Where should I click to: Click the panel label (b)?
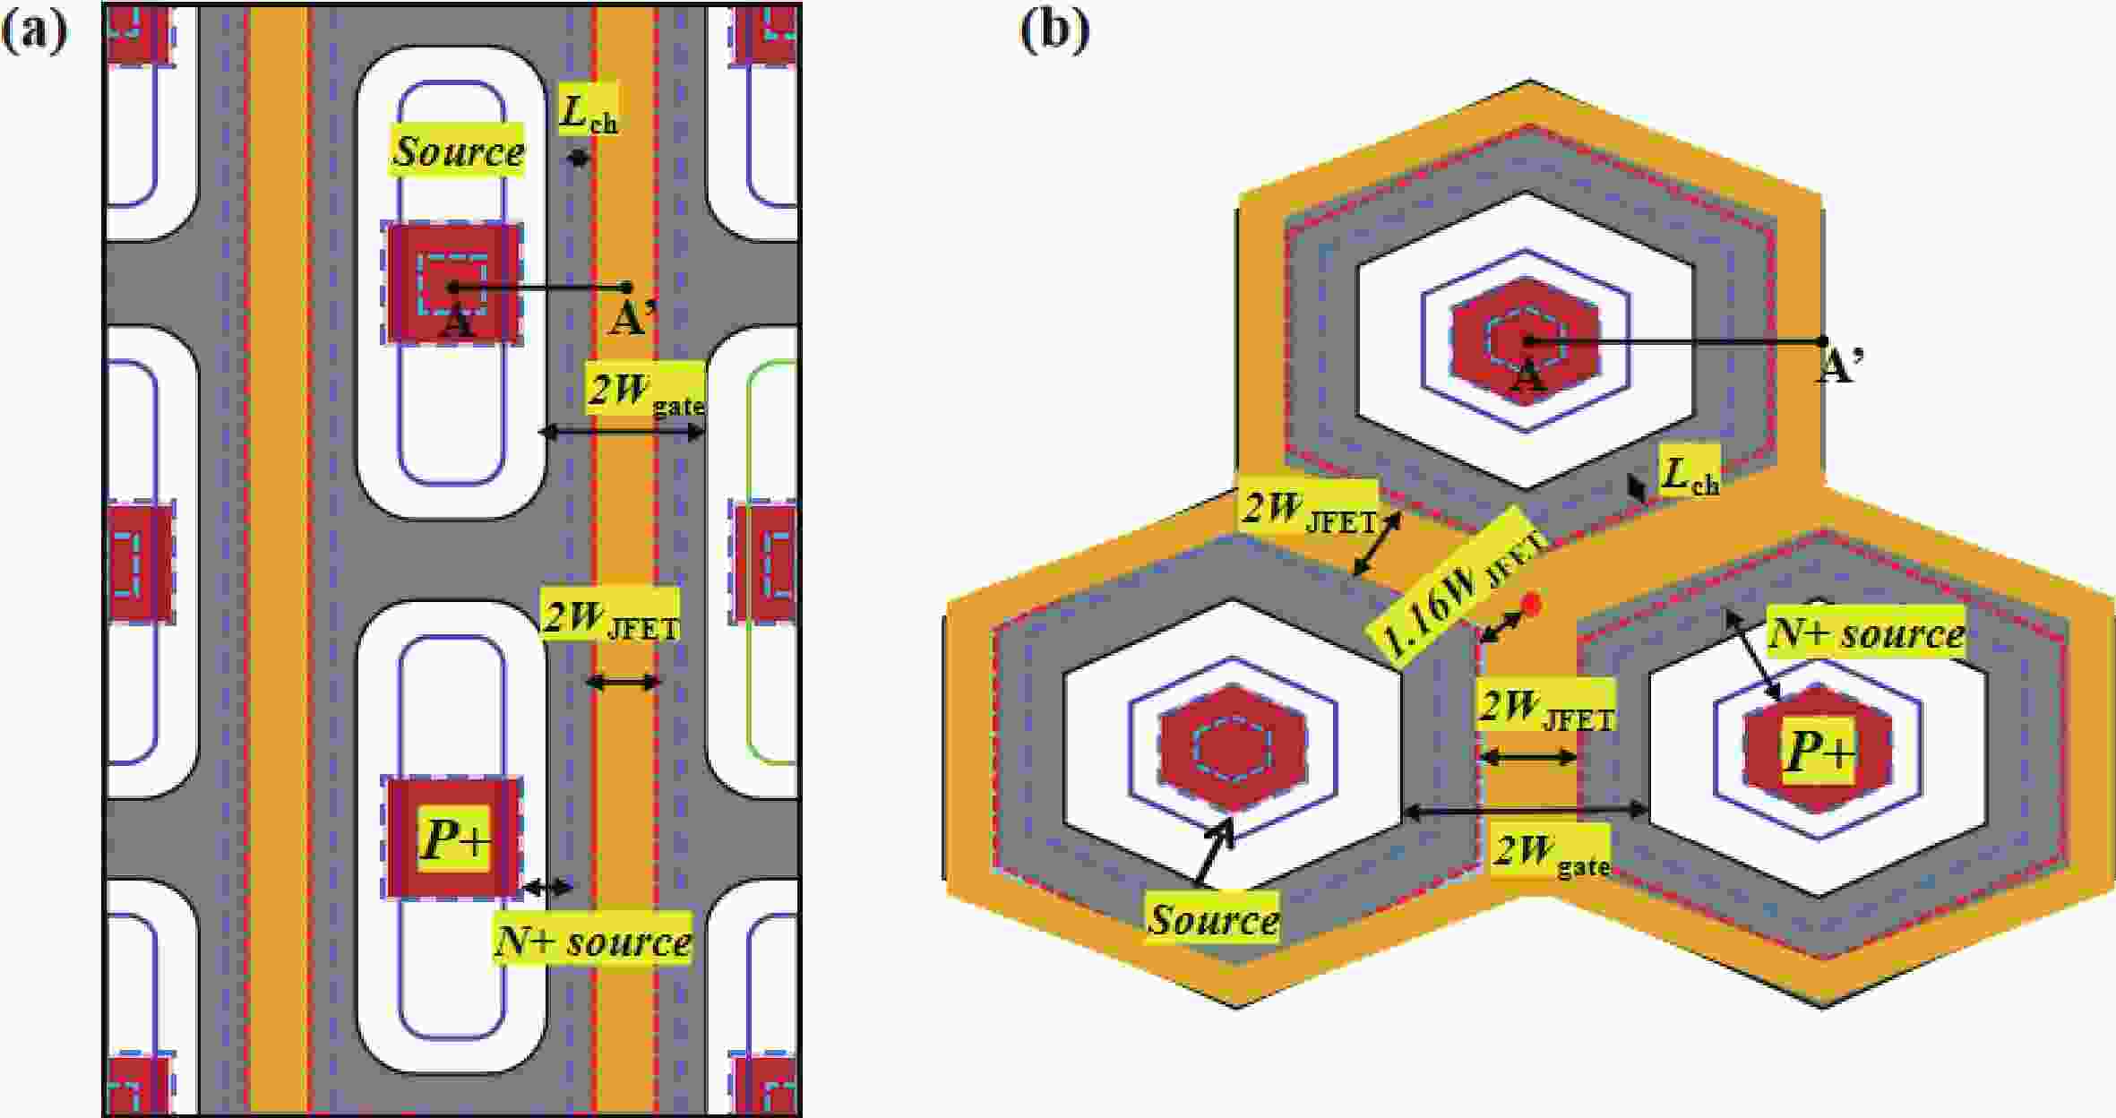click(1054, 31)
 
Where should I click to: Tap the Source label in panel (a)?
click(458, 150)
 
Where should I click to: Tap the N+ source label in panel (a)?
click(593, 940)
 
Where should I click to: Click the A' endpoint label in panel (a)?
click(632, 319)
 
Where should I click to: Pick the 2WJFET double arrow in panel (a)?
click(623, 683)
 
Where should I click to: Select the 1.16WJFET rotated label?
click(1456, 584)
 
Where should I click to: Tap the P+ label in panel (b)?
click(1819, 751)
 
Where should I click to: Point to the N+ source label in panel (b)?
click(1866, 633)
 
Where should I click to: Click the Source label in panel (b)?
click(1213, 918)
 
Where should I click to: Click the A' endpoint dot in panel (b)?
click(1822, 341)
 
